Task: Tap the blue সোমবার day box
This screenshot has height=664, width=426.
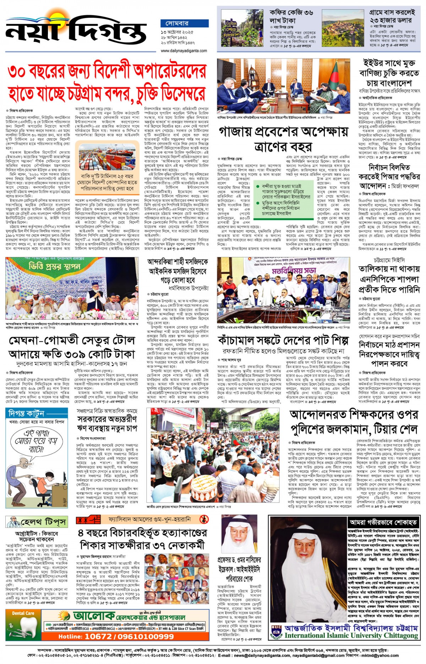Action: (177, 23)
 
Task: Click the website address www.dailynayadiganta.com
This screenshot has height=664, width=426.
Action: (184, 51)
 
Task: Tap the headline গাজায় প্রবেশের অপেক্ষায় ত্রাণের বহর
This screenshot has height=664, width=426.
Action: (283, 139)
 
